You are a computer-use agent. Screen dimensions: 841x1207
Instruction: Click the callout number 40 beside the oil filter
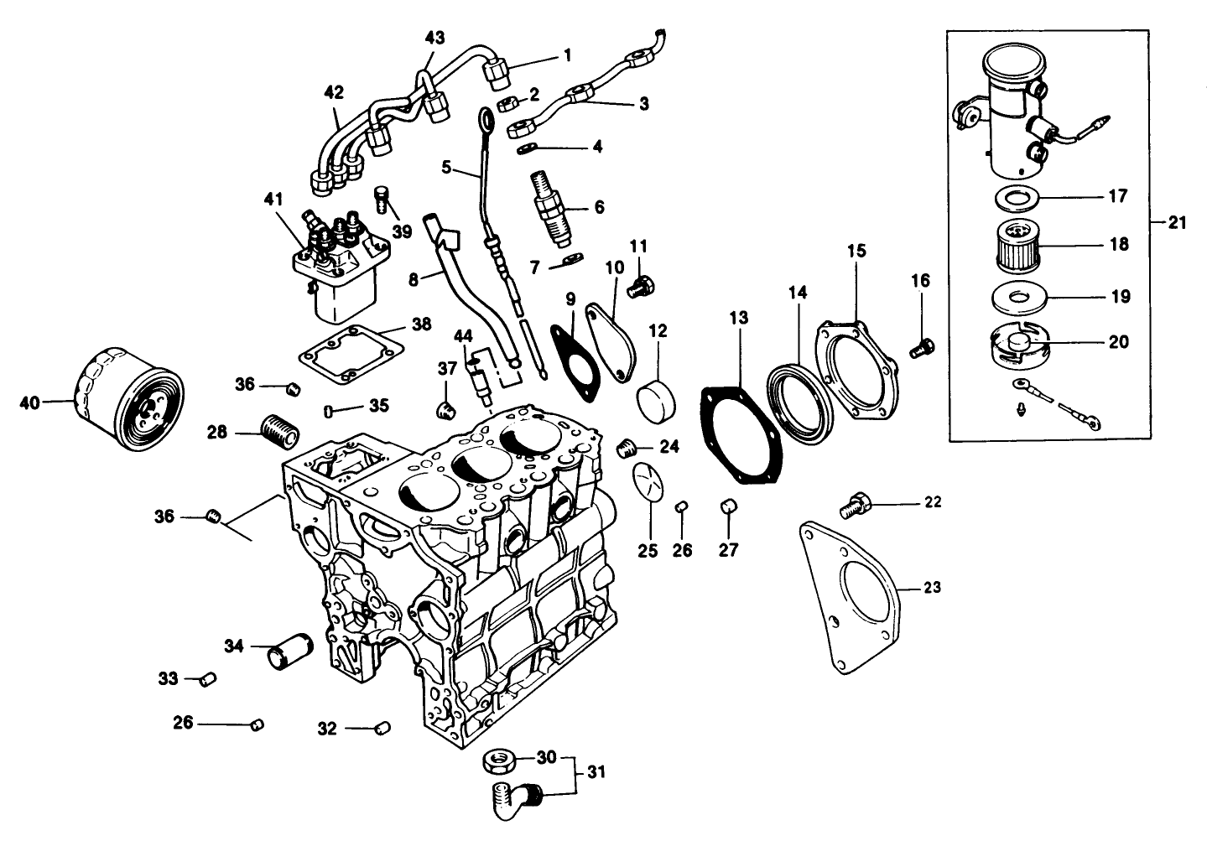(29, 403)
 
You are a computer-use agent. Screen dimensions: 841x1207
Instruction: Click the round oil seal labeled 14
(800, 402)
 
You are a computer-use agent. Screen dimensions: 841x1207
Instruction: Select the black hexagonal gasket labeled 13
(742, 436)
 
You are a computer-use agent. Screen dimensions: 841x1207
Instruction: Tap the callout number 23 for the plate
(931, 588)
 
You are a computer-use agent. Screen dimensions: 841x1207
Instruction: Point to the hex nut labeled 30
(498, 761)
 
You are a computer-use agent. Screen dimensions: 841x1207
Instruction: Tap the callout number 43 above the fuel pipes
(434, 38)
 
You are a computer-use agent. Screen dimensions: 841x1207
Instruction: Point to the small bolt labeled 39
(382, 200)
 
